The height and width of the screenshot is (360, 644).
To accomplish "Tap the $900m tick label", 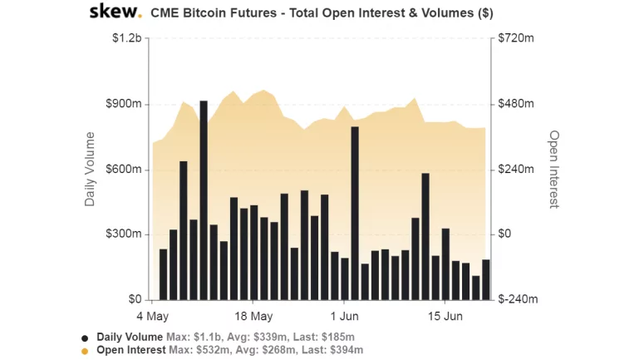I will (x=124, y=105).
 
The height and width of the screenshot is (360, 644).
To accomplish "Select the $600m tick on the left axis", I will (x=124, y=170).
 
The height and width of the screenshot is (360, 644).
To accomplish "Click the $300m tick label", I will (x=124, y=234).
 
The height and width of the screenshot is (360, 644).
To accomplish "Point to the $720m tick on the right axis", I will (x=516, y=39).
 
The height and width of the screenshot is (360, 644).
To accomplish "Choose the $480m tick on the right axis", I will (x=516, y=105).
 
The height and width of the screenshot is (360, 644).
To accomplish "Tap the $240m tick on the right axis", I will (x=516, y=170).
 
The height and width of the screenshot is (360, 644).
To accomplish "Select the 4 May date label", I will (x=153, y=316).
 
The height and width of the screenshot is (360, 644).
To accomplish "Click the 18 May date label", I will (x=253, y=316).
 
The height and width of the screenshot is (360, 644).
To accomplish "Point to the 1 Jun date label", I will (x=344, y=316).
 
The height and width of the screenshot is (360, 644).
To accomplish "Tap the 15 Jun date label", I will (x=445, y=316).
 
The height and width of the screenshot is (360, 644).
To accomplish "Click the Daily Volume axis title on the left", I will (x=90, y=170).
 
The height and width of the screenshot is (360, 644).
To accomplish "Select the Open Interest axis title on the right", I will (x=553, y=170).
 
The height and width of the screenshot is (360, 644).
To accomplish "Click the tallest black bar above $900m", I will (x=204, y=200).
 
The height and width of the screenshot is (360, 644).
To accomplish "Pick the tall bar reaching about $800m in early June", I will (x=355, y=213).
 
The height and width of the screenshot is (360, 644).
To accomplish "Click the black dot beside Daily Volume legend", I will (x=85, y=338).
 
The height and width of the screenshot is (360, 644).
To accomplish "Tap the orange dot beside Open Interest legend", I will (x=85, y=351).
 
